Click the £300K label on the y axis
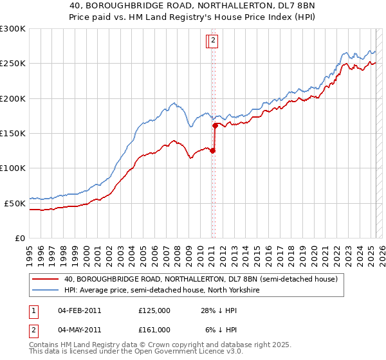pos(13,29)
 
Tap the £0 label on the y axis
pos(20,238)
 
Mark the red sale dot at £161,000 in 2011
pos(215,126)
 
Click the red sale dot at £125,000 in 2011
pos(212,151)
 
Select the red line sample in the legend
pos(45,280)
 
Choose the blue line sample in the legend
pos(45,291)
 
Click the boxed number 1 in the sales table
pos(33,311)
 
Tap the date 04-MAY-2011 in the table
pos(79,329)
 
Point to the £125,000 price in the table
pos(154,311)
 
